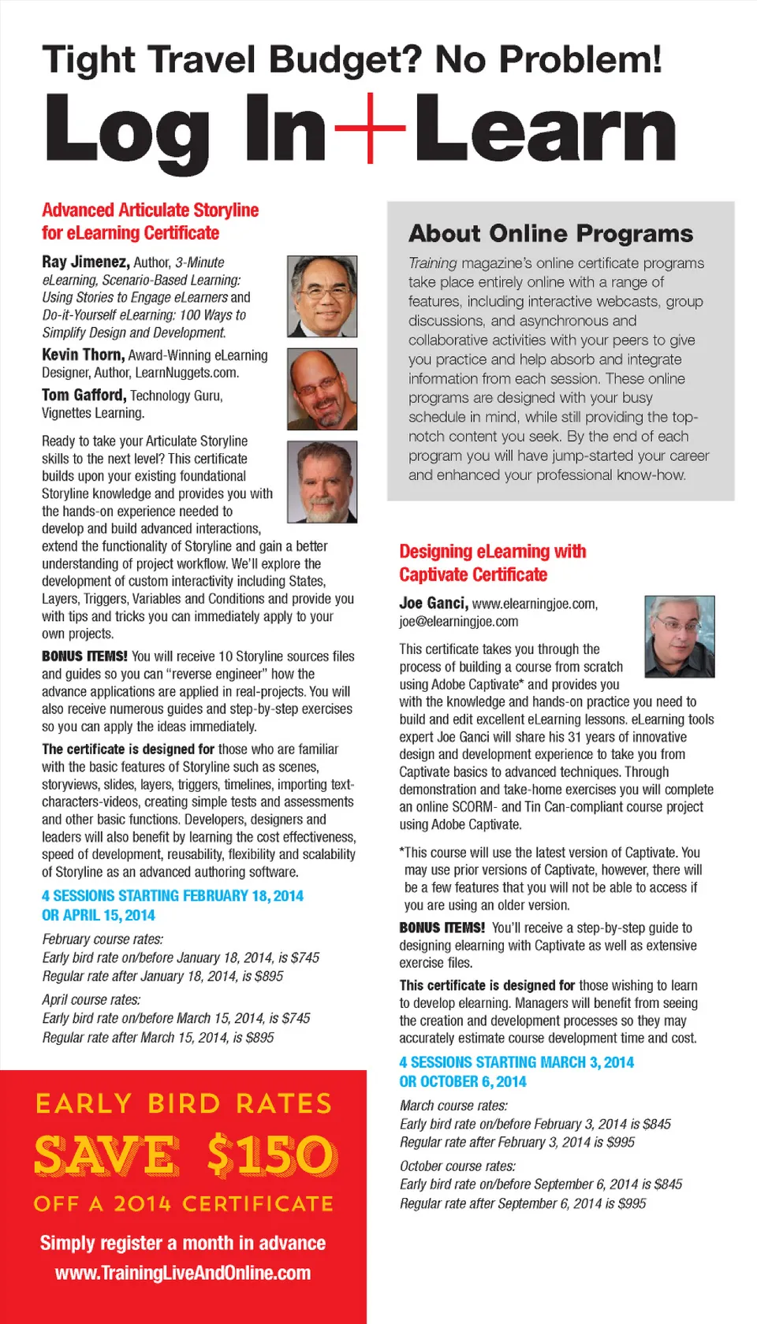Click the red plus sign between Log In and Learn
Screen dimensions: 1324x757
[370, 127]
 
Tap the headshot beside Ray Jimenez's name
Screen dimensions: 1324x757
[322, 296]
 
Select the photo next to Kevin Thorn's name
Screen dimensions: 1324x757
[322, 389]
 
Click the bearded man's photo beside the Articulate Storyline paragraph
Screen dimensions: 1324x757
[322, 482]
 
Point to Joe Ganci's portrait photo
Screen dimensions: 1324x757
[680, 636]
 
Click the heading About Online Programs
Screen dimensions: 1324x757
[550, 233]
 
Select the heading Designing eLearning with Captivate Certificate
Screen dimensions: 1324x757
[492, 563]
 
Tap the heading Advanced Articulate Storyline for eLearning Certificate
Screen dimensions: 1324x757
[150, 221]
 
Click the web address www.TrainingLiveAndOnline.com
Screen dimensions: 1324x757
[183, 1273]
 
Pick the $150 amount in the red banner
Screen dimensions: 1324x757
[271, 1155]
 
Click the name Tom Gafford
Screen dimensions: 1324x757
[83, 395]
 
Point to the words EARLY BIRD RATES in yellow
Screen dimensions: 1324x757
[184, 1103]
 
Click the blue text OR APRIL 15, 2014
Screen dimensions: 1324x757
[99, 915]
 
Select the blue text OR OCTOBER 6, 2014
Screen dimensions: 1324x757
[462, 1081]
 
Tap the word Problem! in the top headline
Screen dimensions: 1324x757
[548, 60]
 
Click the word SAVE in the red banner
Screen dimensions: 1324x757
[106, 1155]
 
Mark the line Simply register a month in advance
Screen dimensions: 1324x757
[183, 1243]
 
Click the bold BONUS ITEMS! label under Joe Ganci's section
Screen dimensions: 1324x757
[442, 928]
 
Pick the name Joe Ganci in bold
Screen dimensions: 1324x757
[433, 603]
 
